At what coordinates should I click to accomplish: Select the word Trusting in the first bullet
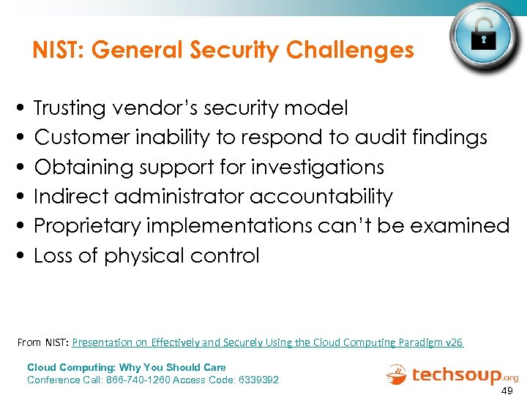click(x=70, y=108)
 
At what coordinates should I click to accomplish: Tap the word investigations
click(x=318, y=167)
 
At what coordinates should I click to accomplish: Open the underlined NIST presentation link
click(x=267, y=342)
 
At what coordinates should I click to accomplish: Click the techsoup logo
click(x=452, y=374)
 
